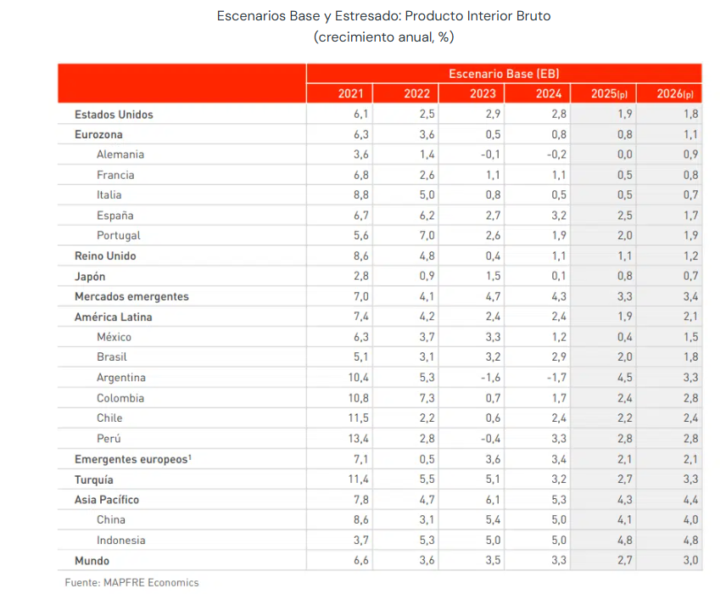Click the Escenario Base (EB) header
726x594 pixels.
[504, 73]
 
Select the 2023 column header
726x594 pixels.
[483, 93]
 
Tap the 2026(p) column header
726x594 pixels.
[675, 93]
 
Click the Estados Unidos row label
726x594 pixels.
[114, 115]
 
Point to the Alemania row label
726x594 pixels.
[120, 154]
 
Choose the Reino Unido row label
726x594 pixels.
[105, 255]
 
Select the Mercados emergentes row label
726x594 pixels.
[131, 296]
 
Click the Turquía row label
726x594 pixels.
[94, 479]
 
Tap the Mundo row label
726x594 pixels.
[92, 560]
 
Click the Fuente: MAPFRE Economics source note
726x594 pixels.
[131, 582]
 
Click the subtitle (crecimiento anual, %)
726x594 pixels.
[384, 37]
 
